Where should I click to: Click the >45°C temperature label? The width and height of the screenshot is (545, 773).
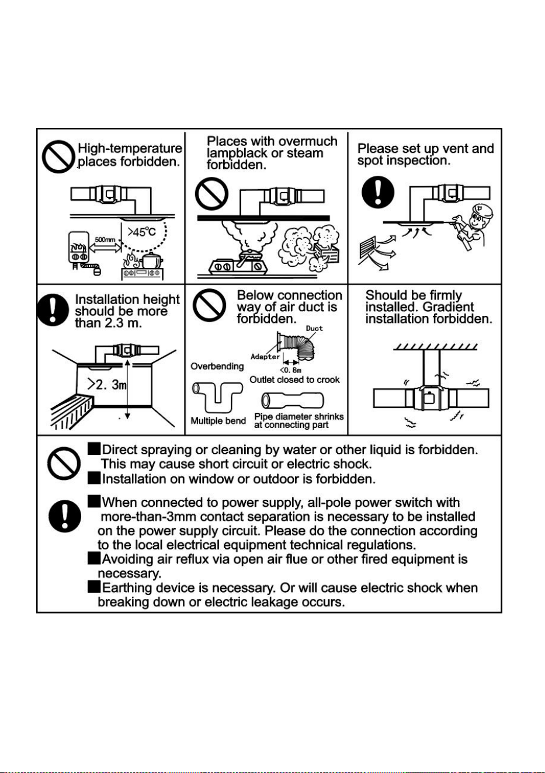[x=141, y=232]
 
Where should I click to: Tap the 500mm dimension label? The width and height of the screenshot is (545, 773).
[x=105, y=240]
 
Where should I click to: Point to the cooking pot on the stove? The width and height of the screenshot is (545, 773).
[x=152, y=260]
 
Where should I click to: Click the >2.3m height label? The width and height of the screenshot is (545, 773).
[x=107, y=384]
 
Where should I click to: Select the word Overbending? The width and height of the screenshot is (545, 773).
[x=217, y=367]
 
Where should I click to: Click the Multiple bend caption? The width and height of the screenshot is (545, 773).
[x=218, y=421]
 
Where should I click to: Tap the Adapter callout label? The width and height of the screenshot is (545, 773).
[x=265, y=357]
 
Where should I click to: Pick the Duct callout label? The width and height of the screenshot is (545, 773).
[x=314, y=328]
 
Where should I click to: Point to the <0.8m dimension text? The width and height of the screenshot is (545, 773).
[x=291, y=370]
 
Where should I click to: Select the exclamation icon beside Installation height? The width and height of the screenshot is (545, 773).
[x=53, y=309]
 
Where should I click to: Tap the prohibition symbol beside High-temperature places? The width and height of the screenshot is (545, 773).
[x=58, y=156]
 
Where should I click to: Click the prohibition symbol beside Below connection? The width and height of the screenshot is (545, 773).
[x=209, y=305]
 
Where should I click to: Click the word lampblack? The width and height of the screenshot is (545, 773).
[x=237, y=153]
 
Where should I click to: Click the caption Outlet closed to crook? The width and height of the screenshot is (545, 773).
[x=294, y=379]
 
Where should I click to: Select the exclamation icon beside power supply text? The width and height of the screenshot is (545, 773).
[x=65, y=516]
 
